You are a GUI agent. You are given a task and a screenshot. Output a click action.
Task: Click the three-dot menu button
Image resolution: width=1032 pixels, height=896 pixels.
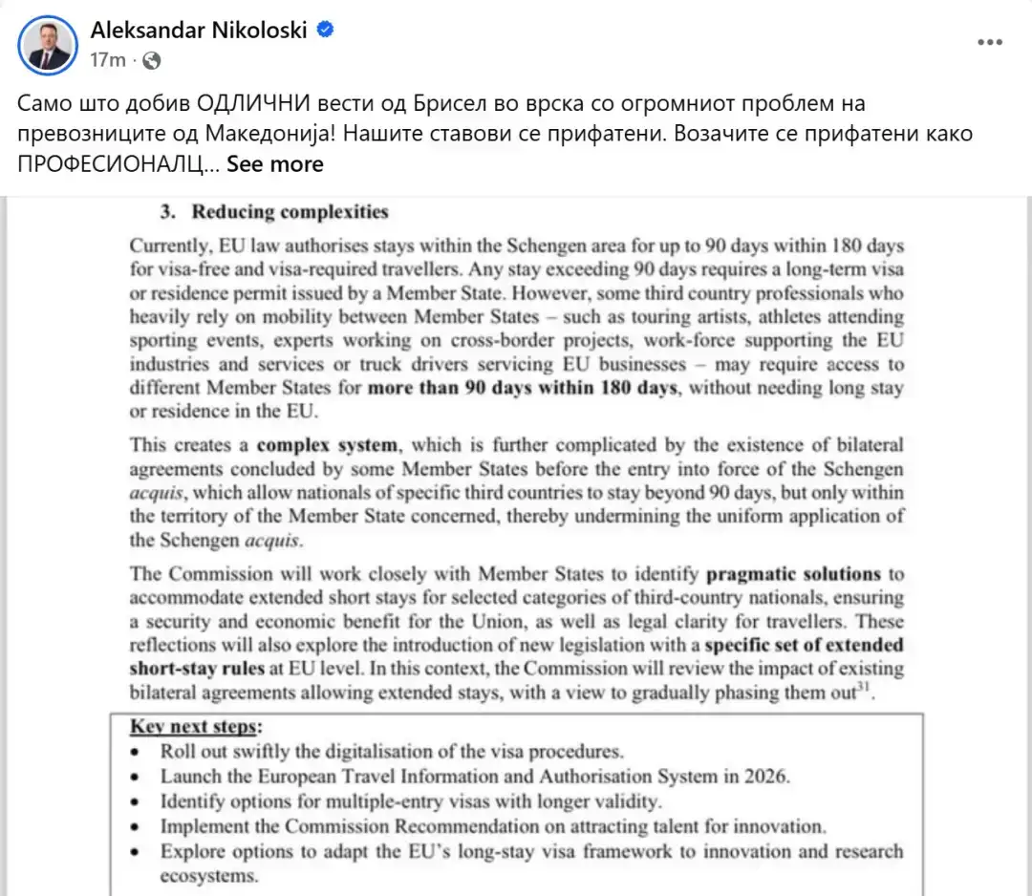tap(990, 43)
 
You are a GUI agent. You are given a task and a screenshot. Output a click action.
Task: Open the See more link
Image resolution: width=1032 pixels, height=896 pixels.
tap(275, 164)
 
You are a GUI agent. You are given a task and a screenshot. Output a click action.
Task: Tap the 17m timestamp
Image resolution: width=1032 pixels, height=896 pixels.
tap(107, 60)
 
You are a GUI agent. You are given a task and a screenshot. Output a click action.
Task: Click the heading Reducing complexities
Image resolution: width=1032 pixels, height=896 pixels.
tap(290, 211)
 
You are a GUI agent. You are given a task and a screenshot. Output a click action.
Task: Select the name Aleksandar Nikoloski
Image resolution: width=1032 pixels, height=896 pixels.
tap(199, 30)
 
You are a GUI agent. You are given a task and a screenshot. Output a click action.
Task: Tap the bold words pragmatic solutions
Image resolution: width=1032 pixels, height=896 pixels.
tap(793, 574)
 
